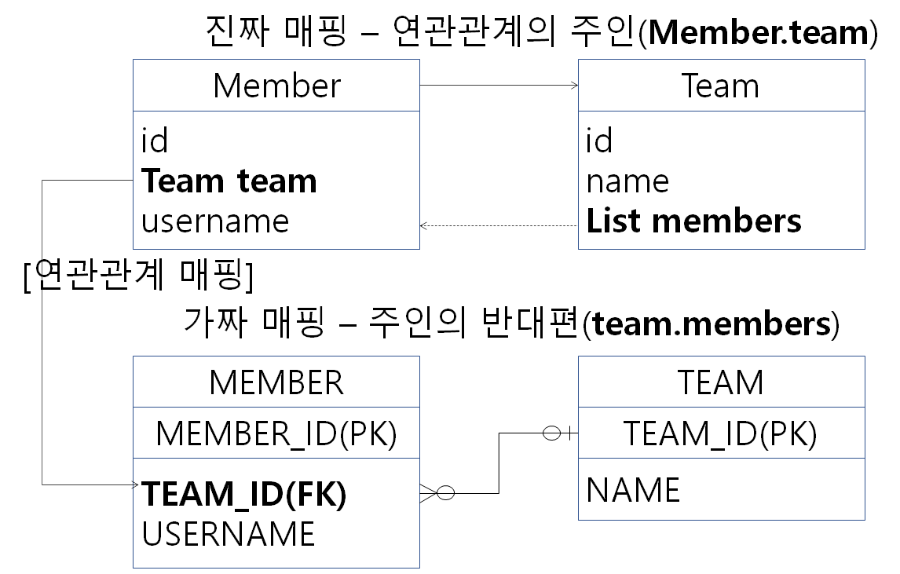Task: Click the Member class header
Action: point(276,86)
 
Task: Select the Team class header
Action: point(720,86)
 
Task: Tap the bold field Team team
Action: point(229,181)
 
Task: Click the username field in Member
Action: point(215,221)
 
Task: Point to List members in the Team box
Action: point(693,221)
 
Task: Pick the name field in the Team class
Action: point(627,181)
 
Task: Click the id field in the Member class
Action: point(155,141)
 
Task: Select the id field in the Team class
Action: point(599,141)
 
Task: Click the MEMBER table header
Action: point(276,382)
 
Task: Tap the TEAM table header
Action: point(720,382)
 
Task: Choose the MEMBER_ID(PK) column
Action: point(276,433)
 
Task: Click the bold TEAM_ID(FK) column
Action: point(244,495)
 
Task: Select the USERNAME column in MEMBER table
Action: point(229,534)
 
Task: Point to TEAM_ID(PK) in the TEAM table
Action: point(720,433)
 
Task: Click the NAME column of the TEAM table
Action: point(633,491)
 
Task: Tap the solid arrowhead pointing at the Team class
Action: point(573,85)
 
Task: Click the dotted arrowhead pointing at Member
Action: point(425,226)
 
